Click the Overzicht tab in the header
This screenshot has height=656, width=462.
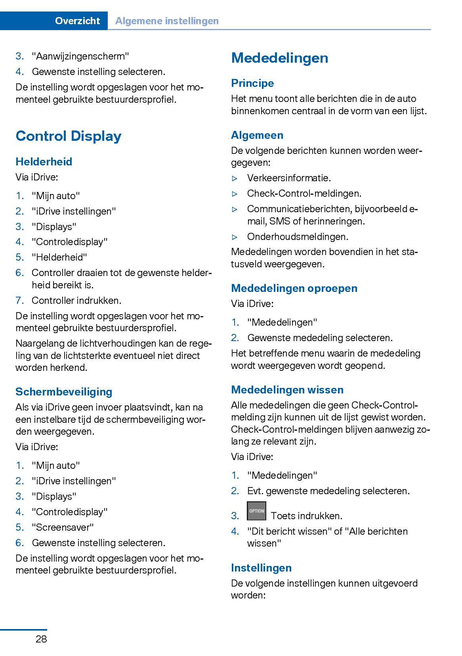[x=77, y=21]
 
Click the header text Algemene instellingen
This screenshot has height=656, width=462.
[x=167, y=21]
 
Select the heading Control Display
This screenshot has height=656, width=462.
[x=69, y=136]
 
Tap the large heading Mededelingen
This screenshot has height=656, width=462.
[x=280, y=58]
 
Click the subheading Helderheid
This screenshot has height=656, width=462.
[x=44, y=161]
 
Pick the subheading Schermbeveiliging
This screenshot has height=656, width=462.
[x=64, y=391]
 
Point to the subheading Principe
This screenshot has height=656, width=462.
[x=252, y=83]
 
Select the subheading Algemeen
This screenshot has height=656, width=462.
[x=257, y=135]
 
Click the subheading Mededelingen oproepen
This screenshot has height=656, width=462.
[x=294, y=288]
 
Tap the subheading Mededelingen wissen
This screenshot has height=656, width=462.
[x=287, y=389]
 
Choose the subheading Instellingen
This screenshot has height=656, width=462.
[x=261, y=568]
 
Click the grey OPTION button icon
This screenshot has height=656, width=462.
[x=256, y=511]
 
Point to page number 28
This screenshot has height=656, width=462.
[x=41, y=639]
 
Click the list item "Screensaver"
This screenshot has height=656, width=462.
[x=63, y=527]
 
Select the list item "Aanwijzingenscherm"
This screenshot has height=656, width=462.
[x=80, y=56]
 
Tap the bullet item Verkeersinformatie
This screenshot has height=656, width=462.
[x=289, y=178]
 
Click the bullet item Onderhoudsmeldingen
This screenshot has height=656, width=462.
[x=298, y=237]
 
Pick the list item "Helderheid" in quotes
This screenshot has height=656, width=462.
[x=59, y=257]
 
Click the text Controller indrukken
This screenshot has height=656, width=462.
[x=76, y=301]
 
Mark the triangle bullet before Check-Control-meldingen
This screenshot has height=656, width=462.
[x=235, y=194]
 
